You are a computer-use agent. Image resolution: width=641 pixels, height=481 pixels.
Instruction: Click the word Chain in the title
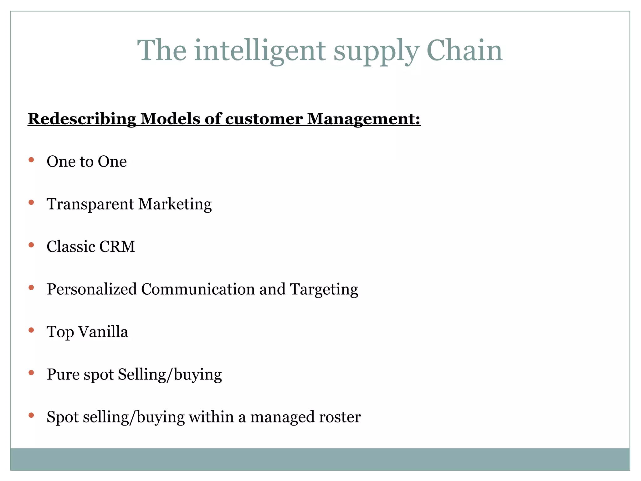pos(464,51)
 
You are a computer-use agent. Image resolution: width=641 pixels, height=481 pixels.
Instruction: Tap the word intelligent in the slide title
pos(260,51)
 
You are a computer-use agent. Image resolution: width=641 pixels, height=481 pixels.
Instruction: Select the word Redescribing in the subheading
pos(82,119)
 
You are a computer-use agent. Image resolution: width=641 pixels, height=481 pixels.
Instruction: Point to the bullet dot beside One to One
pos(31,160)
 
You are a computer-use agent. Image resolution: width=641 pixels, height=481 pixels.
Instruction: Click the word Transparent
pos(90,204)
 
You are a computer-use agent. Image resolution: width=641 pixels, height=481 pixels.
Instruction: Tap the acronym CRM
pos(117,247)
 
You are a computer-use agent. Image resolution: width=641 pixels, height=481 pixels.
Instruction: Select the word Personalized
pos(92,289)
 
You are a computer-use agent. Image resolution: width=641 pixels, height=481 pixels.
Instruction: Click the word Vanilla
pos(103,332)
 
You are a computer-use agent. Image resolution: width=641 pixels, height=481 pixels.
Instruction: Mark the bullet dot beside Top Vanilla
pos(31,330)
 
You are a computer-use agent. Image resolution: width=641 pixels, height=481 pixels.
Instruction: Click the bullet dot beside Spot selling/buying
pos(31,415)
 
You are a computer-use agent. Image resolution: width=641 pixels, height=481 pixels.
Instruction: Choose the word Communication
pos(198,289)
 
